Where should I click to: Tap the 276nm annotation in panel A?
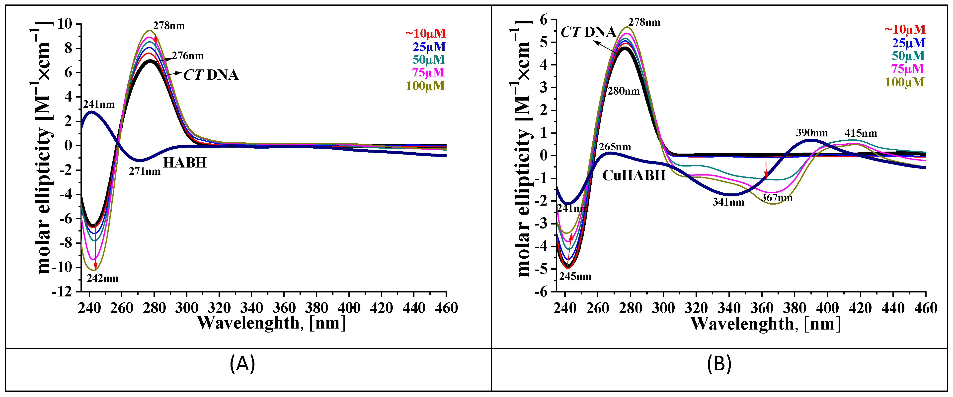click(x=188, y=56)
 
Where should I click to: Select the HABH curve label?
click(x=185, y=163)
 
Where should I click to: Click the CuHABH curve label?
click(x=634, y=175)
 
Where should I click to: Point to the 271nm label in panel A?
click(x=145, y=171)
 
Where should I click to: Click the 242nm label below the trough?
click(x=102, y=278)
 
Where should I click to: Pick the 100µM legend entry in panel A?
click(x=425, y=86)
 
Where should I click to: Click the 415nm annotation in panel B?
click(x=861, y=133)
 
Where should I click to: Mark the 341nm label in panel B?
click(x=728, y=202)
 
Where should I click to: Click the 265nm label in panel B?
click(x=615, y=147)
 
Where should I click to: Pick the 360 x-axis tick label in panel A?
click(x=284, y=308)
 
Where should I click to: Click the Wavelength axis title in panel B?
click(x=765, y=324)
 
